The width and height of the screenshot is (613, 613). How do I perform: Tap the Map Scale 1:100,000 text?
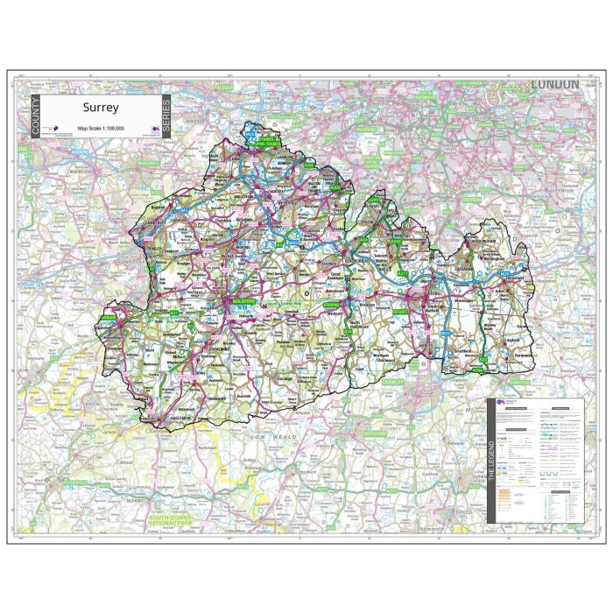pos(102,129)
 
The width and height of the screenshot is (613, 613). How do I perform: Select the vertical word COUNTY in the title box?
pos(36,117)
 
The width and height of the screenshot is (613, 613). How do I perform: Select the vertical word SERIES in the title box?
pos(166,117)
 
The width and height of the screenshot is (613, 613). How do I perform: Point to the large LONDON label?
pos(554,84)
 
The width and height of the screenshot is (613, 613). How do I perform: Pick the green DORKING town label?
pos(332,304)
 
